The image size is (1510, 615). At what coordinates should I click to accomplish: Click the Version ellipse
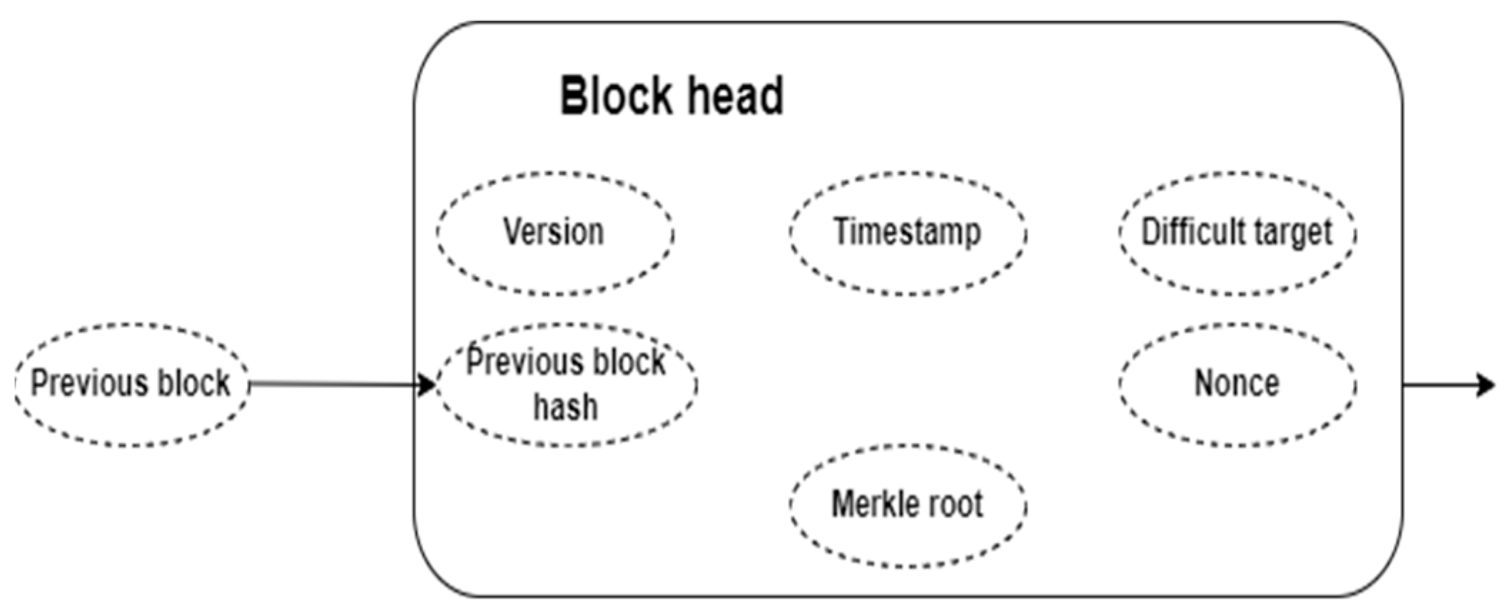click(555, 233)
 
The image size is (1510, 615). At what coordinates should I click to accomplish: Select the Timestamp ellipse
click(908, 233)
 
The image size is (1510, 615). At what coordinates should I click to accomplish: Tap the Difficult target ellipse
click(1237, 233)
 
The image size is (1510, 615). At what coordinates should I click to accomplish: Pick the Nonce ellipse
click(1237, 384)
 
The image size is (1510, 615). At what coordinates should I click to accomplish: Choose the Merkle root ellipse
click(908, 505)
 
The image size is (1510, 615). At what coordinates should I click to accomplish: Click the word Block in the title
click(616, 96)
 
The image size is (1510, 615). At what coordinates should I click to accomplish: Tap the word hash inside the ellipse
click(565, 407)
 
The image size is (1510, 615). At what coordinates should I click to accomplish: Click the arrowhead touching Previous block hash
click(427, 385)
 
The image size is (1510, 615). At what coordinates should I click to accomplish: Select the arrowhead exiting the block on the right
click(1486, 385)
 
